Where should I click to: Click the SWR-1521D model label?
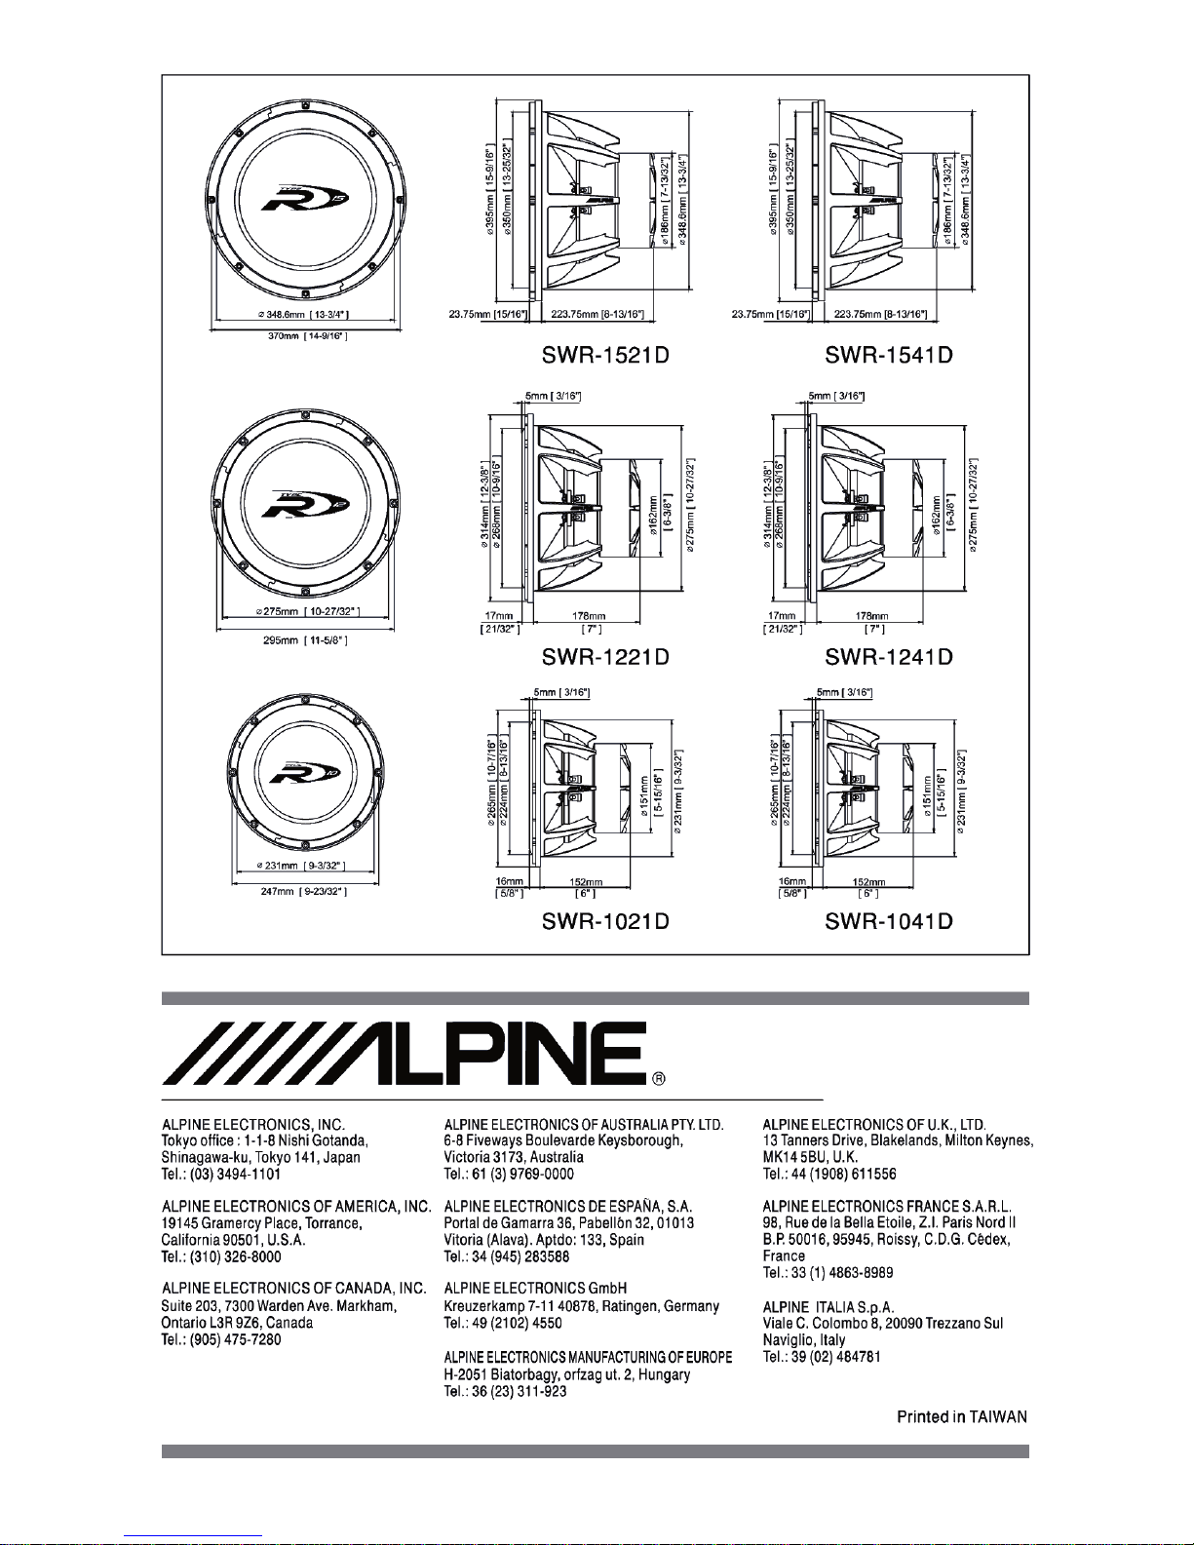click(x=605, y=355)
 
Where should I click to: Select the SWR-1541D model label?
click(x=888, y=355)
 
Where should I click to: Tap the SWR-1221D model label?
click(x=605, y=657)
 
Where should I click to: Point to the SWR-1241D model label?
click(x=888, y=657)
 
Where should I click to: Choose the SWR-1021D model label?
click(x=605, y=920)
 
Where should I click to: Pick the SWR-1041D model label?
click(x=888, y=920)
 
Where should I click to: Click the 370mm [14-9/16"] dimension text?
click(x=306, y=336)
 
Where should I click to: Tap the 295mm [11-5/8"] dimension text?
click(x=306, y=640)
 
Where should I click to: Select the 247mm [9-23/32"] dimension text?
click(x=306, y=891)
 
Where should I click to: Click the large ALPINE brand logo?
click(x=404, y=1054)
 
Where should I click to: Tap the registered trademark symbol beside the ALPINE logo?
click(x=659, y=1078)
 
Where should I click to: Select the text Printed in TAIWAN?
click(x=961, y=1416)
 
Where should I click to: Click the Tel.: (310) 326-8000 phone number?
click(x=221, y=1256)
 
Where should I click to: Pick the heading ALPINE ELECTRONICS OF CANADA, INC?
click(x=293, y=1289)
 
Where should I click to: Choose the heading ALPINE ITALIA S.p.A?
click(x=828, y=1306)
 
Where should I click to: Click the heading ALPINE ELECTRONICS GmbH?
click(x=535, y=1289)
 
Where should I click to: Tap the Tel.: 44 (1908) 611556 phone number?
click(x=829, y=1174)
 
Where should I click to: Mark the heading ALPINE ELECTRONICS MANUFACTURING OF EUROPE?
click(x=588, y=1357)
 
